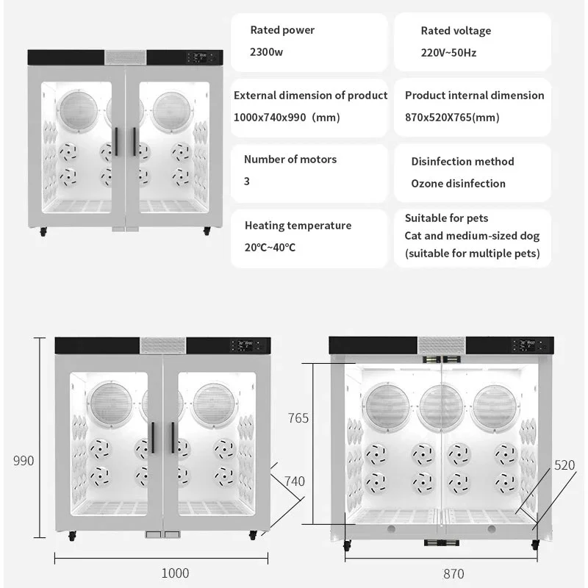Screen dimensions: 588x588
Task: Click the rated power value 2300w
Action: coord(265,52)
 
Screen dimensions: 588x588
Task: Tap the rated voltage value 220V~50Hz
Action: coord(448,53)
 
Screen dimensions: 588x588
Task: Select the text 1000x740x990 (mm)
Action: coord(287,117)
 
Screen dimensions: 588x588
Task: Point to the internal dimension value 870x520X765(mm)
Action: coord(452,117)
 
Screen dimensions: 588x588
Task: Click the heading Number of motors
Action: coord(290,159)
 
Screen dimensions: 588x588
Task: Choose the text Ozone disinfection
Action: coord(458,183)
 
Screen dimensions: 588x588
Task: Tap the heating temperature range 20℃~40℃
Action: coord(270,247)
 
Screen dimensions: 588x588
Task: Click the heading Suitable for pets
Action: coord(446,218)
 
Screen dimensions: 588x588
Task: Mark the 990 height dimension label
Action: coord(23,461)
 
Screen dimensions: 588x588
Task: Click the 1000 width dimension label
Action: coord(175,573)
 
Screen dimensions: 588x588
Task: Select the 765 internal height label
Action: coord(298,418)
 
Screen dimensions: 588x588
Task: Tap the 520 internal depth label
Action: coord(564,465)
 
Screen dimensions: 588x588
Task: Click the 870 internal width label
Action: coord(453,573)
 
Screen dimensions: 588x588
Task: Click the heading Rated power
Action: coord(282,30)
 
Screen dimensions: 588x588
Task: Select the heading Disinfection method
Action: coord(462,161)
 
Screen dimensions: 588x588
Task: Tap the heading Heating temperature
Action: coord(298,226)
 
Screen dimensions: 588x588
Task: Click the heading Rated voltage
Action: coord(456,31)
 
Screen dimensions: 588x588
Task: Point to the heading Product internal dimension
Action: coord(475,96)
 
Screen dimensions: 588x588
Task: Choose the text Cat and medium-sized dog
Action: coord(472,236)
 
